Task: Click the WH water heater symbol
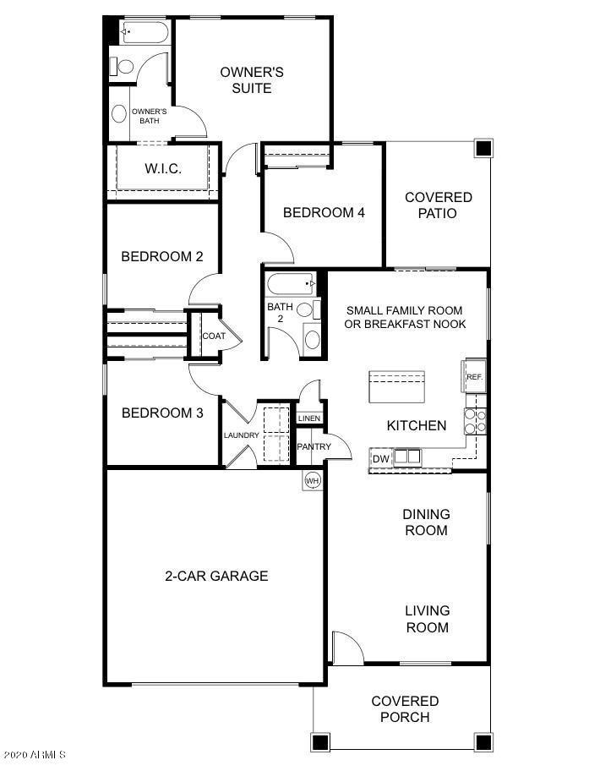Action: point(312,480)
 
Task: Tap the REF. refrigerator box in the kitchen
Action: point(474,376)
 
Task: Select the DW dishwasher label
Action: point(380,458)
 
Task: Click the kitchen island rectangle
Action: point(395,388)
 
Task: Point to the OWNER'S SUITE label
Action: point(252,79)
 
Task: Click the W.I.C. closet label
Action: point(162,169)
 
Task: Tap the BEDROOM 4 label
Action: point(324,213)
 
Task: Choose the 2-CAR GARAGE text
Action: point(216,577)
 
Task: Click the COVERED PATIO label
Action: point(438,205)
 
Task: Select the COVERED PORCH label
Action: point(405,709)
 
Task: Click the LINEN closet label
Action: point(308,418)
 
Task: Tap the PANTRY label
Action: point(313,446)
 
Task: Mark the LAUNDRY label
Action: point(240,435)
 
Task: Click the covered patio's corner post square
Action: point(483,149)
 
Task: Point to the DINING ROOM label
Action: point(426,522)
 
